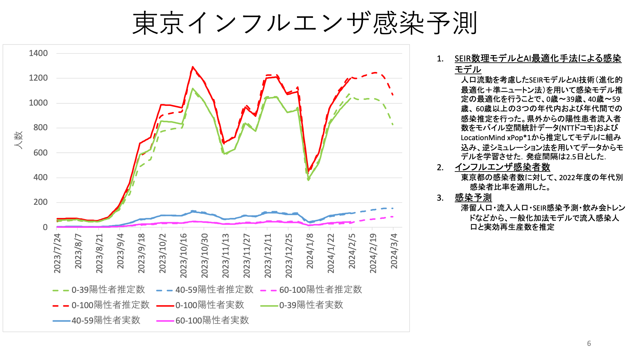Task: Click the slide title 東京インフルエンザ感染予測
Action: [305, 23]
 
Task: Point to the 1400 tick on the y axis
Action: [38, 53]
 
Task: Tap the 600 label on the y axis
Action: [41, 153]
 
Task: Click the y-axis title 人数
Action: [18, 140]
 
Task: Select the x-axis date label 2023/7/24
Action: [57, 253]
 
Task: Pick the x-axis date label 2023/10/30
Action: [204, 255]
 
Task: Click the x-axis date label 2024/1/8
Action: [310, 251]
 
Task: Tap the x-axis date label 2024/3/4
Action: [394, 251]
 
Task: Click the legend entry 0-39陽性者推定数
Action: [99, 290]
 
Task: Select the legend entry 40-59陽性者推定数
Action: [205, 290]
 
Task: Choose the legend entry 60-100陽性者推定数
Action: [311, 290]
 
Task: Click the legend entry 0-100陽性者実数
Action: [200, 305]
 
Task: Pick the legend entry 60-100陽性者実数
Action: [203, 320]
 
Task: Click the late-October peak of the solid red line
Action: [193, 67]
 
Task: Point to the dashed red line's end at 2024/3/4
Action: [393, 95]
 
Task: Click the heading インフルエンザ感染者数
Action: [502, 167]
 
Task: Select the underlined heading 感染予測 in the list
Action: [473, 197]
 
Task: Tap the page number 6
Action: [589, 343]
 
